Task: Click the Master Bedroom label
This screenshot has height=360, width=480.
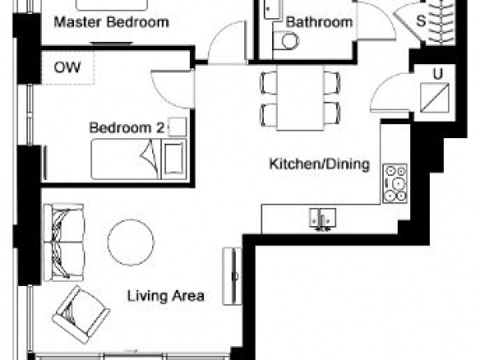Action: click(112, 22)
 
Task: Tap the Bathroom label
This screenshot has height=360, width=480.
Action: click(319, 22)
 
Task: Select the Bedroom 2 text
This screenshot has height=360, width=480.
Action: click(127, 127)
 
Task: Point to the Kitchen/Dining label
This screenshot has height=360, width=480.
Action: click(319, 164)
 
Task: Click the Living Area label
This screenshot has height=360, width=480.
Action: click(165, 296)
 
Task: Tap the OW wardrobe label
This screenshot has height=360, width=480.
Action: click(67, 67)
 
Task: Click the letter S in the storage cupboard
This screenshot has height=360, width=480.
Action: click(421, 21)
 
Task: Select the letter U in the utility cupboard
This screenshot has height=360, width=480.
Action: click(438, 74)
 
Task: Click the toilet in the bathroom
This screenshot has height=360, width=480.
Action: click(285, 41)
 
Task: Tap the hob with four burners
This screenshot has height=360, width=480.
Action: click(395, 183)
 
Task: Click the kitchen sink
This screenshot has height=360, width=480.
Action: click(323, 219)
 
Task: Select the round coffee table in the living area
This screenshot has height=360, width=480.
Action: click(131, 242)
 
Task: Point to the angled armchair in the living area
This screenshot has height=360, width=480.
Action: click(81, 315)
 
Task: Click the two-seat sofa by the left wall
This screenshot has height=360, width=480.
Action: click(63, 242)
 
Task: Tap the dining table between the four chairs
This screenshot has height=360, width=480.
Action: click(300, 98)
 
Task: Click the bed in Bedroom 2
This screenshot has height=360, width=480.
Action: click(139, 159)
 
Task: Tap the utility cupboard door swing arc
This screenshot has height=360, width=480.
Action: click(383, 87)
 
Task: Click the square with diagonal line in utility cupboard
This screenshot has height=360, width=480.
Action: click(435, 98)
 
